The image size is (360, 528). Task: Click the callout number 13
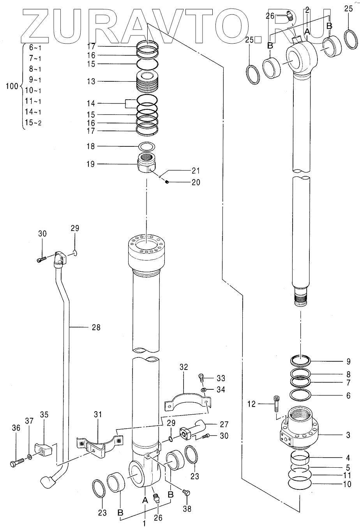pyautogui.click(x=91, y=81)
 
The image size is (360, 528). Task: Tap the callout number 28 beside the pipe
pyautogui.click(x=96, y=327)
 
